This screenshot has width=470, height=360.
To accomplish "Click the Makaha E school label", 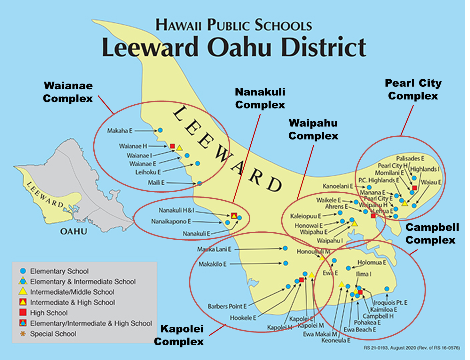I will click(x=120, y=131).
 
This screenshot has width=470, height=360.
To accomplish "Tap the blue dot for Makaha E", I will click(x=160, y=130).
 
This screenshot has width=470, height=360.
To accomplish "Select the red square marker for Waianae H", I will click(x=172, y=146).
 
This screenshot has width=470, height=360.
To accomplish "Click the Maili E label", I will click(x=156, y=183).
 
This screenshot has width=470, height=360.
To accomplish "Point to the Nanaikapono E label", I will click(x=171, y=221).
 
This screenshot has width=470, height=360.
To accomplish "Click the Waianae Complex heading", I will click(x=68, y=92).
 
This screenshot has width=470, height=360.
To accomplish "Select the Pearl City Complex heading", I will click(x=413, y=89).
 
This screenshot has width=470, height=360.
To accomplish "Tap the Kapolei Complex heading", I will click(x=179, y=335).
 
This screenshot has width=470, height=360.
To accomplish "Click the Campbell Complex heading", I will click(x=432, y=234).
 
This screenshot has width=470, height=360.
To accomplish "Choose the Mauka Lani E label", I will click(x=214, y=249).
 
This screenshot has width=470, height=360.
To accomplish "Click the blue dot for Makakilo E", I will click(x=286, y=263).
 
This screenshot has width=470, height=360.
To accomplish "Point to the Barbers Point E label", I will click(x=227, y=306).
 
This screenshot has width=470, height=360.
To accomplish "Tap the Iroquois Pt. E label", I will click(x=391, y=302).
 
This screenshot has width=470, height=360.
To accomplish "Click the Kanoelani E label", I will click(x=338, y=186).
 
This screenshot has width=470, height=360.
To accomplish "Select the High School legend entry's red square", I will click(x=23, y=312).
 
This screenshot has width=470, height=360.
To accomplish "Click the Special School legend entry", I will click(x=53, y=334).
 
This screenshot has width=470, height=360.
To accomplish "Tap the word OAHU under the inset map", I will click(x=74, y=231).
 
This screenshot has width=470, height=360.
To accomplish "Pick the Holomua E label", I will click(x=372, y=262).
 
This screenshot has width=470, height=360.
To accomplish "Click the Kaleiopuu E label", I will click(x=305, y=216).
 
